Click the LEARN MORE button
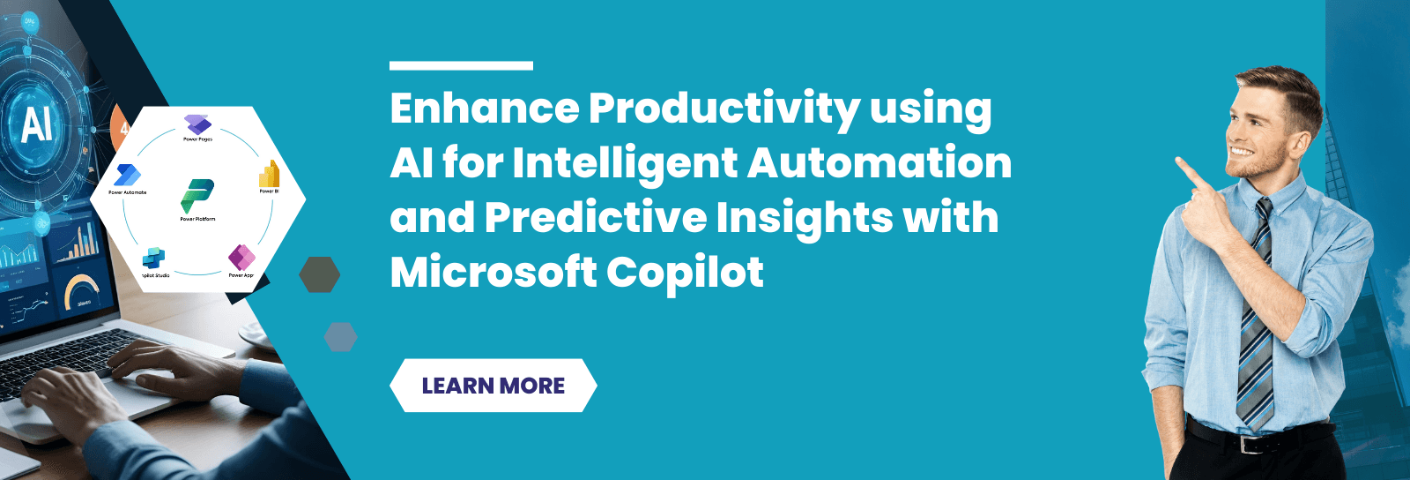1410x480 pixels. coord(493,386)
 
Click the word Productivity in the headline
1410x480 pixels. coord(724,109)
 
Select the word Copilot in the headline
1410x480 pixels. coord(685,273)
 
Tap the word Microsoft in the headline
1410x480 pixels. coord(492,273)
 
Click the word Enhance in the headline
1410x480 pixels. coord(484,109)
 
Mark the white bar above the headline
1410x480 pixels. coord(461,65)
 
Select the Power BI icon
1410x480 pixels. coord(269,175)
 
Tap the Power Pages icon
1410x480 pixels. coord(197,124)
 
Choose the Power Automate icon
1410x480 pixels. coord(128,176)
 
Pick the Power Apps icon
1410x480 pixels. coord(241,259)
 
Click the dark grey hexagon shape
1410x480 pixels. coord(319,274)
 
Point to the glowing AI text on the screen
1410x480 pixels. coord(36,123)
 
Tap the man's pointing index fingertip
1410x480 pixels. coord(1179,161)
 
